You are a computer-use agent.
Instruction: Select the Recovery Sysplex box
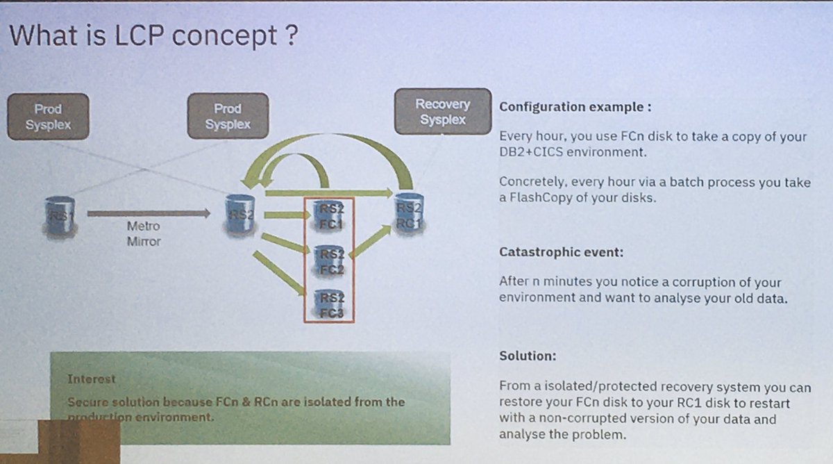(442, 112)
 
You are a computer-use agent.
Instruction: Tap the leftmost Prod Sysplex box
(48, 117)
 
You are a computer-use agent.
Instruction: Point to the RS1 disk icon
(60, 216)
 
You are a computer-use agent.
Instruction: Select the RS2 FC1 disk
(329, 217)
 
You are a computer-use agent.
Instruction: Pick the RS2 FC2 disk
(329, 262)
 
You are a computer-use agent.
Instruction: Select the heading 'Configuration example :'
(575, 108)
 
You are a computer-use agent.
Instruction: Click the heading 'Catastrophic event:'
(561, 252)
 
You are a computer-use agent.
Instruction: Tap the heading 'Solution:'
(528, 356)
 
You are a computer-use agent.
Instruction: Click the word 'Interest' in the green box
(92, 379)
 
